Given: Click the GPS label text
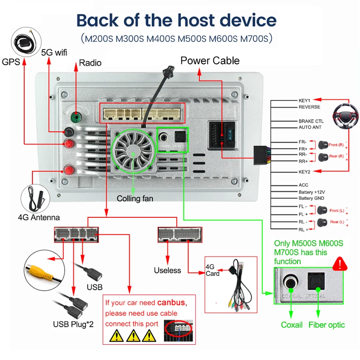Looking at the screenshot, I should click(x=11, y=62).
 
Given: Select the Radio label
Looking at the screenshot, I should click(x=90, y=63).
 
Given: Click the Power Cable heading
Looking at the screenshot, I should click(x=210, y=61).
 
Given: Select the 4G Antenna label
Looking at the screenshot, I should click(x=39, y=217).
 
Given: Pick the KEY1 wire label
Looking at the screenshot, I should click(x=305, y=100).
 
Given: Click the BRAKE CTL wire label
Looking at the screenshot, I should click(x=311, y=121).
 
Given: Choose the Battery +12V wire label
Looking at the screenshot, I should click(x=312, y=192).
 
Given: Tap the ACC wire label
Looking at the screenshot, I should click(x=303, y=185).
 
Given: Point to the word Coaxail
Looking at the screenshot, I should click(x=292, y=324).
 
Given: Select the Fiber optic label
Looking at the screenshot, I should click(x=326, y=324).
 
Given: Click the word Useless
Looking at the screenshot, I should click(x=167, y=270).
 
